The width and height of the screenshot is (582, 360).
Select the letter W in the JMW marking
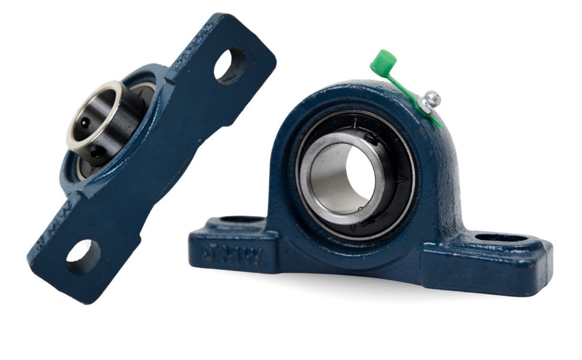[x=253, y=257]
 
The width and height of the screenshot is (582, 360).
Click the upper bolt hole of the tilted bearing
[x=230, y=65]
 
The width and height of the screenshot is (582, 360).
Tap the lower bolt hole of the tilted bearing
[x=83, y=257]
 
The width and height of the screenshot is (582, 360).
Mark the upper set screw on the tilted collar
[x=85, y=122]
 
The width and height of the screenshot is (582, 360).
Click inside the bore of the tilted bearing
[x=99, y=114]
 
